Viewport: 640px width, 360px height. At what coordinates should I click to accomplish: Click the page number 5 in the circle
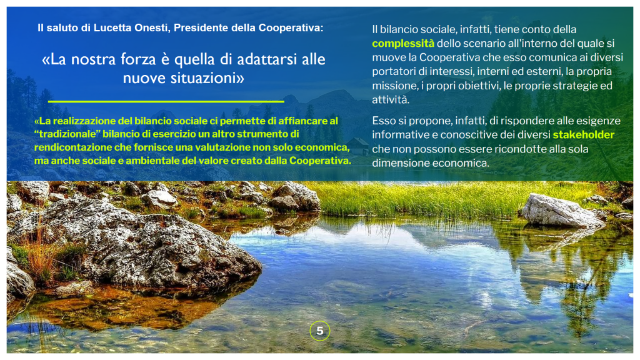[x=320, y=331]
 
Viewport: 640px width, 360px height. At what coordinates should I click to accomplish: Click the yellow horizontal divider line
[x=166, y=101]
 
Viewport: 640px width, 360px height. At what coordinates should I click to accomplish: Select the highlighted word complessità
[x=403, y=44]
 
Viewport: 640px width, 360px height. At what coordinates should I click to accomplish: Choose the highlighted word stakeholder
[x=584, y=135]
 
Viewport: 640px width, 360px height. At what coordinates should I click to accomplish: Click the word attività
[x=391, y=99]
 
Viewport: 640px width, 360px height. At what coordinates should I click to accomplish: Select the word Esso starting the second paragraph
[x=383, y=121]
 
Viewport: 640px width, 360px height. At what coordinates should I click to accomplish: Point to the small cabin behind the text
[x=358, y=146]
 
